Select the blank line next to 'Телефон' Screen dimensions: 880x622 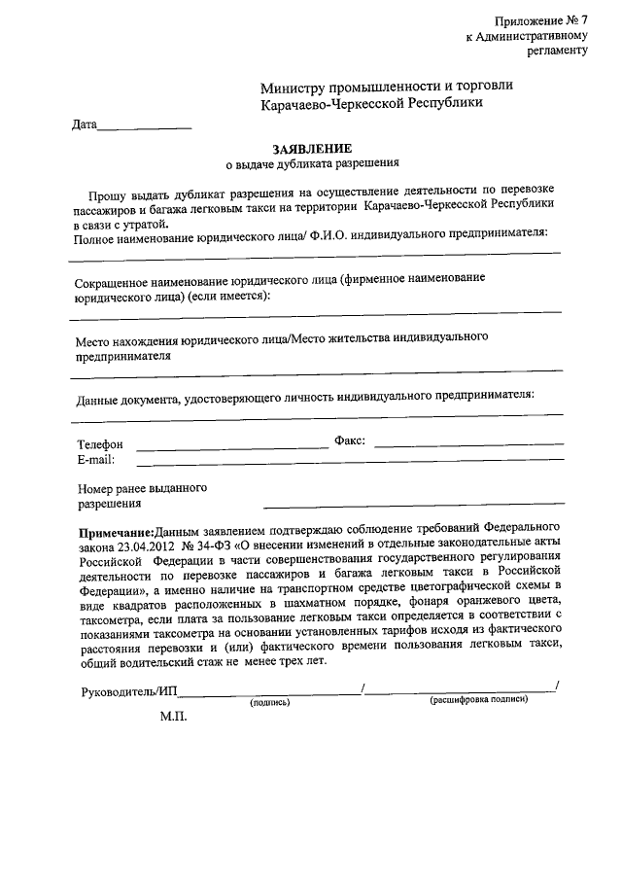tap(233, 446)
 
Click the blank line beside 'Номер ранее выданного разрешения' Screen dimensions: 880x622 tap(413, 504)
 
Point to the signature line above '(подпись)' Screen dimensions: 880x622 tap(269, 693)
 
